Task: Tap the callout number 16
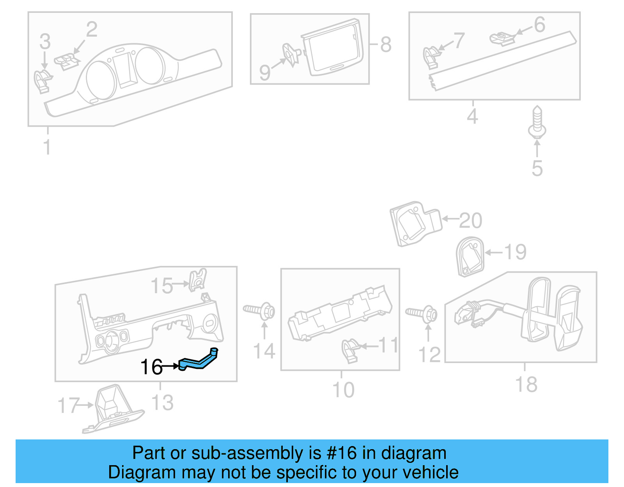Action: (x=151, y=367)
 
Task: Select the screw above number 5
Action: (x=537, y=122)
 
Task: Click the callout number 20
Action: (x=471, y=221)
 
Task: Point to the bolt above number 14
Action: (x=260, y=311)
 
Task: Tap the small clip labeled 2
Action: (x=67, y=62)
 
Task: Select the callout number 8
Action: (x=386, y=44)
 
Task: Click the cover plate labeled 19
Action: (x=470, y=257)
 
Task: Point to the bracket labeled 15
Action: (x=198, y=279)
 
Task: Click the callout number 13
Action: (x=162, y=403)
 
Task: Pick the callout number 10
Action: (x=343, y=390)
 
